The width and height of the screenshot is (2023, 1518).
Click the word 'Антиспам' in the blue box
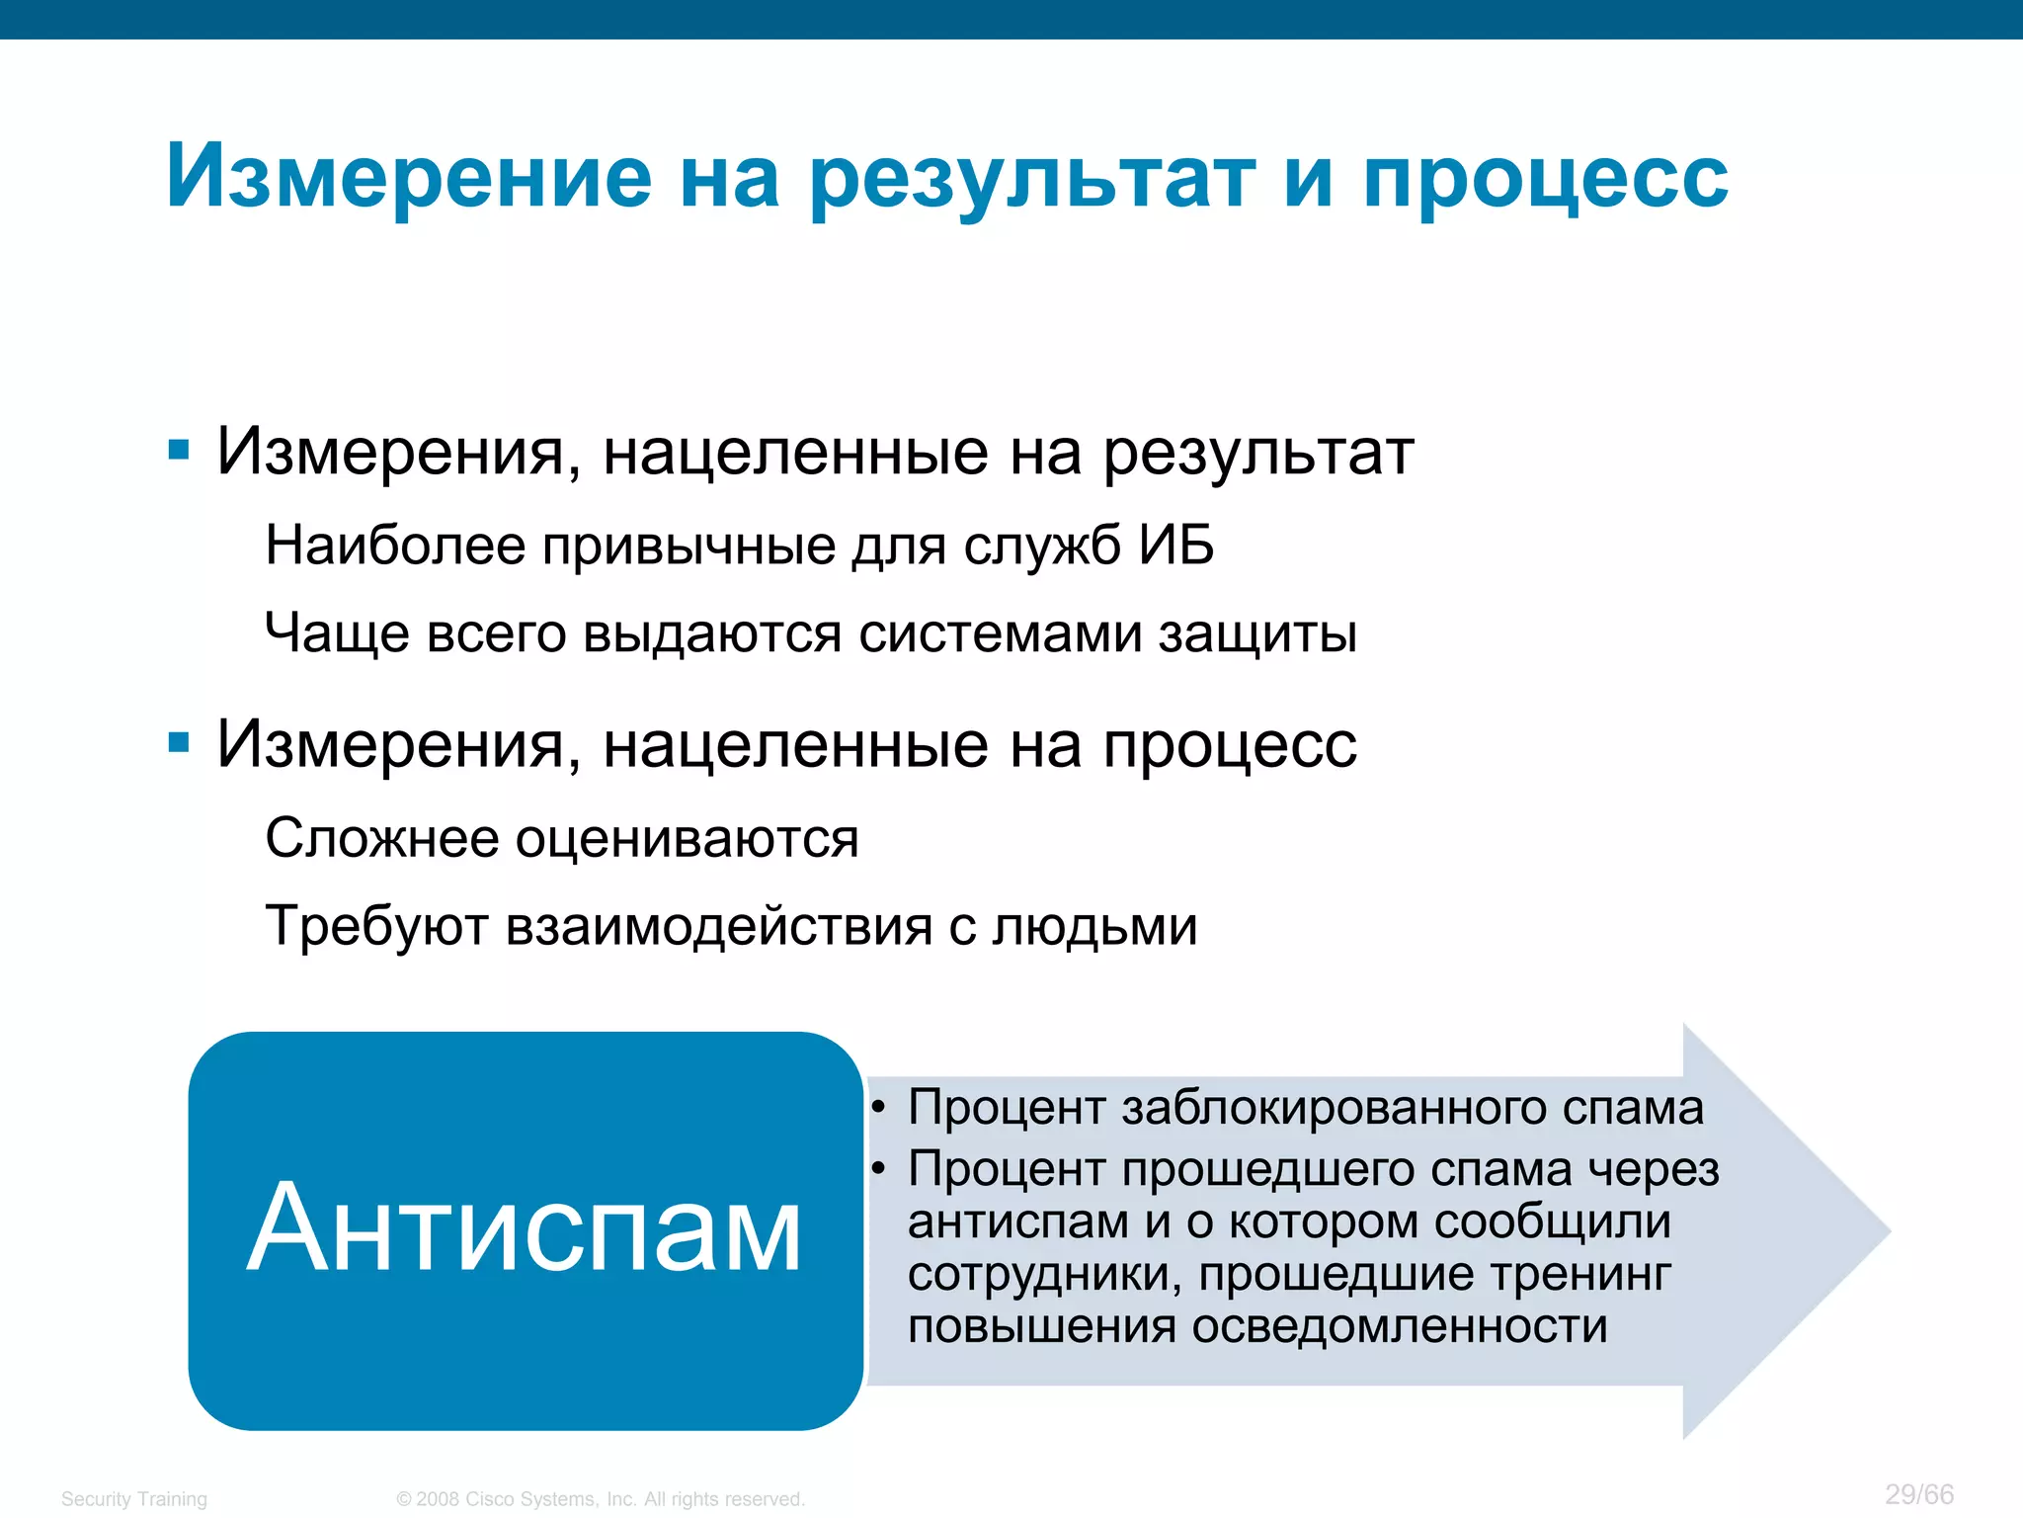[524, 1228]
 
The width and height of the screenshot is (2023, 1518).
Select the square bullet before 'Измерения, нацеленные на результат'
[179, 452]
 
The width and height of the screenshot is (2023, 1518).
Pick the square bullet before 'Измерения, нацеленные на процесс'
[179, 743]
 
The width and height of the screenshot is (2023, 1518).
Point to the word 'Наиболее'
[395, 545]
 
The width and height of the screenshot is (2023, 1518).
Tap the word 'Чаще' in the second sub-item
[337, 632]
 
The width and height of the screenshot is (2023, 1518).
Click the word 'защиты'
[1257, 632]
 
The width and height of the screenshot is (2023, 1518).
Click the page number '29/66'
[1918, 1494]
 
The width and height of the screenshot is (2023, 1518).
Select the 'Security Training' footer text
[134, 1499]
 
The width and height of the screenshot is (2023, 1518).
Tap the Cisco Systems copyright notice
[601, 1499]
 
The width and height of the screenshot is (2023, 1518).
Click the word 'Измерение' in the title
[409, 178]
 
